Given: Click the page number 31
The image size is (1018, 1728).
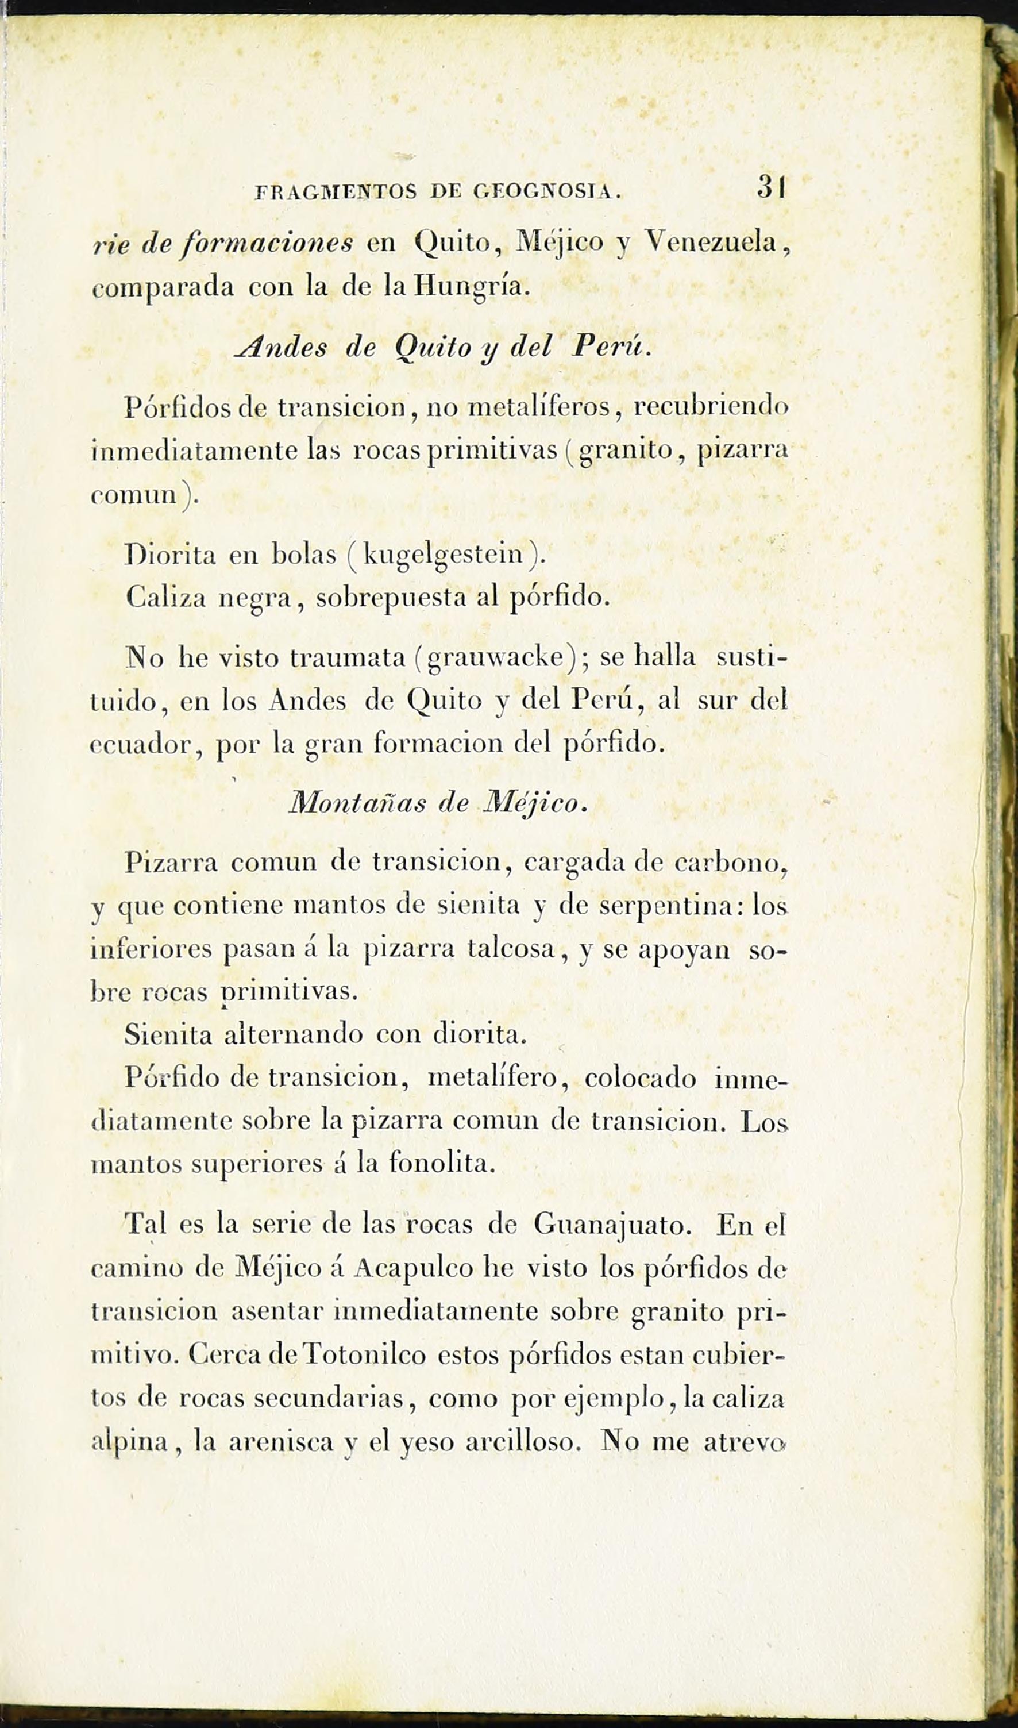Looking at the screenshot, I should click(x=772, y=187).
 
